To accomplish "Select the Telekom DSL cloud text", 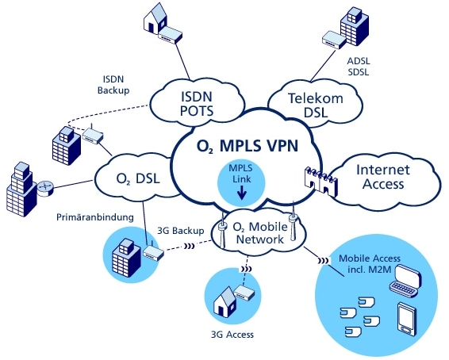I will pyautogui.click(x=305, y=105).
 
